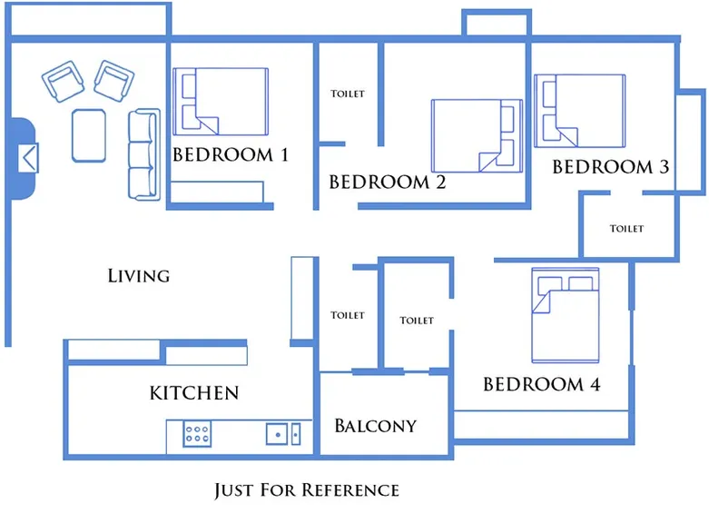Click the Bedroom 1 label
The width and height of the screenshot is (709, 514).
[230, 154]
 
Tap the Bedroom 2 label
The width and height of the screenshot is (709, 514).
[387, 182]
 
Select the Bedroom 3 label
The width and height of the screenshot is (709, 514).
[610, 167]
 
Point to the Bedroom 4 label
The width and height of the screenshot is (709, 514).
[541, 384]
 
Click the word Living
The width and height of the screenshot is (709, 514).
[138, 275]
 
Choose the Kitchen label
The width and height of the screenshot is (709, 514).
[193, 393]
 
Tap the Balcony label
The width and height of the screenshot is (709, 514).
[375, 425]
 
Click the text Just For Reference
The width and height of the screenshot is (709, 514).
[306, 490]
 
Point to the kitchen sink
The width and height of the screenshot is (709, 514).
[284, 434]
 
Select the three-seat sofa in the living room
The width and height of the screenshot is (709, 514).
[143, 153]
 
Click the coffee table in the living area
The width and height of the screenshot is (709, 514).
[89, 135]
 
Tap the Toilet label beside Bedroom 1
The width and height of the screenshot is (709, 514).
[348, 94]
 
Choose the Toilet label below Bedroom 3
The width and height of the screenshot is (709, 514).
[625, 229]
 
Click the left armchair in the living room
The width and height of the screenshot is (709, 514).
[64, 82]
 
